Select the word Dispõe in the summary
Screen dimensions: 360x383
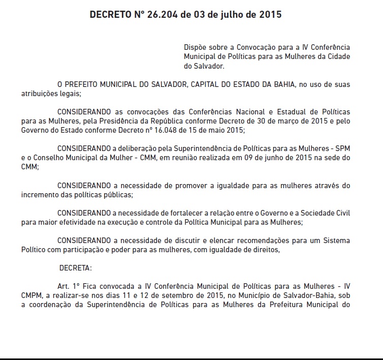point(196,47)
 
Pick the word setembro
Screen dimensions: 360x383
point(184,296)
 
